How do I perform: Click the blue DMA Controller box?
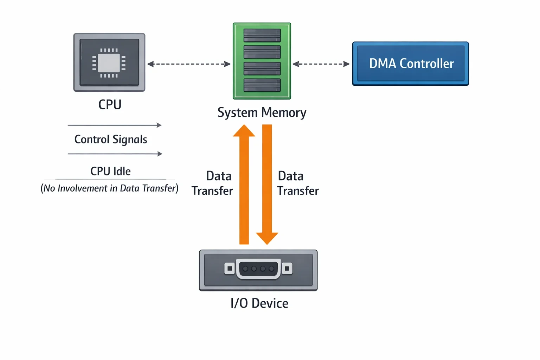point(411,64)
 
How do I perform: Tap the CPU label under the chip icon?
point(110,105)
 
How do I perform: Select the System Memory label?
point(262,112)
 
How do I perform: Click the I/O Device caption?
point(259,303)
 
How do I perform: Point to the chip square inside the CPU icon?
point(109,63)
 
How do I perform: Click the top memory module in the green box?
point(262,36)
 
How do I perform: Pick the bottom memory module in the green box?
point(262,85)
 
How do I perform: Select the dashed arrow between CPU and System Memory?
point(189,64)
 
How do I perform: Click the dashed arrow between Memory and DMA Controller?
point(321,64)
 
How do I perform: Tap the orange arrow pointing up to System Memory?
point(244,185)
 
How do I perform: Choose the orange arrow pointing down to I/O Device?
point(267,185)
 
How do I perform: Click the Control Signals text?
point(111,139)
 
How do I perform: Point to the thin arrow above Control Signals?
point(115,125)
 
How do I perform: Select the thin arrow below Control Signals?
point(115,154)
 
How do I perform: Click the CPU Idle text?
point(110,171)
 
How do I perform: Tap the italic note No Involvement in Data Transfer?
point(109,188)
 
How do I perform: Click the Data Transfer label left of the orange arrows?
point(212,183)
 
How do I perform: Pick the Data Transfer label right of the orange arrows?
point(298,183)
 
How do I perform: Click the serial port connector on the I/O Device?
point(258,269)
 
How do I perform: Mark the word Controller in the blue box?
point(427,64)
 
